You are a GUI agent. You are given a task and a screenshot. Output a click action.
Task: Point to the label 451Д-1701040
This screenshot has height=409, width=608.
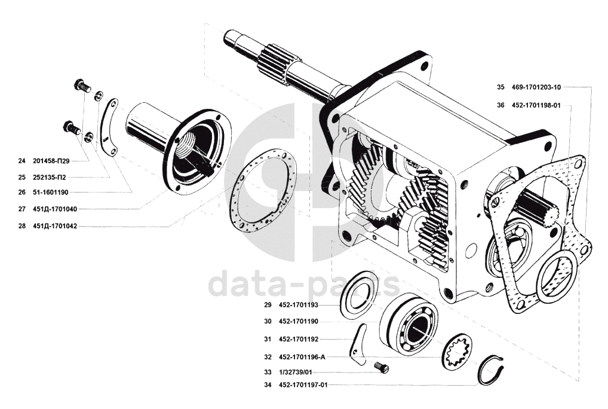(x=55, y=209)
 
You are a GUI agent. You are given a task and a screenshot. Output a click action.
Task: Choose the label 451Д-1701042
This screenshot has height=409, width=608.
(x=55, y=226)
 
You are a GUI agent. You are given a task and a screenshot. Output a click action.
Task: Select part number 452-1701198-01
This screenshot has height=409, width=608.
(x=536, y=105)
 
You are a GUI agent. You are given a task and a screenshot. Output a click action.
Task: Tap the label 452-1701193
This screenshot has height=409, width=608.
(x=299, y=304)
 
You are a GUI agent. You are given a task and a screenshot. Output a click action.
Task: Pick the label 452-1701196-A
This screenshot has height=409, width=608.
(x=302, y=357)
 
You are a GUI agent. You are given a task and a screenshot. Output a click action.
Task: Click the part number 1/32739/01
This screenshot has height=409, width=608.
(x=296, y=372)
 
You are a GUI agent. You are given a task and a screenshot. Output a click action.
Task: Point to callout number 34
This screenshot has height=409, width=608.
(x=268, y=385)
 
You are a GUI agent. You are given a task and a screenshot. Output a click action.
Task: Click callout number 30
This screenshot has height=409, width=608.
(x=268, y=321)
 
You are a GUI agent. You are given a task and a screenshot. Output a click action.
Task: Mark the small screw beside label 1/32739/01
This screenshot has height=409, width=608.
(x=381, y=367)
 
